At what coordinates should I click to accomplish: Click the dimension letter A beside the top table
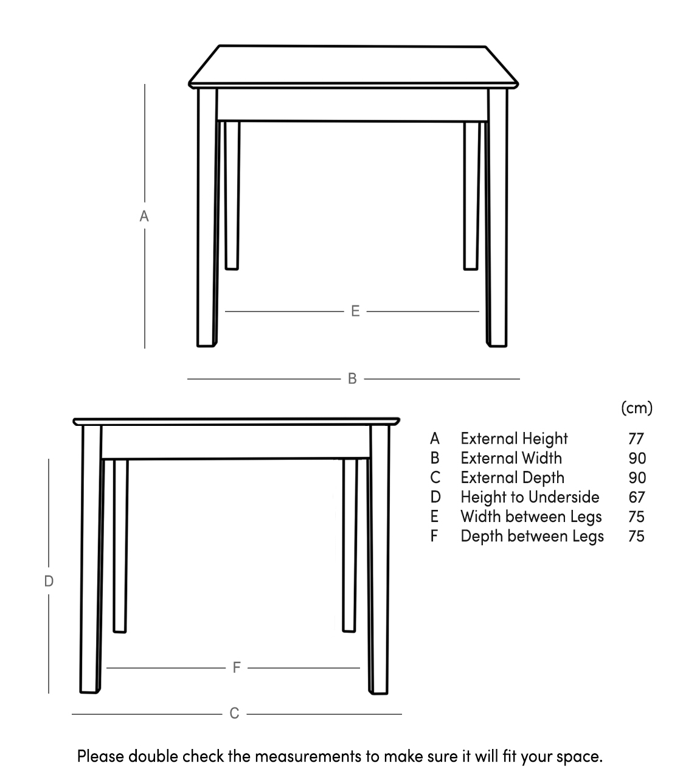144,216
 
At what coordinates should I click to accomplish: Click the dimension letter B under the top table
352,378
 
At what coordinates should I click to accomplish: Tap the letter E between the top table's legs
356,312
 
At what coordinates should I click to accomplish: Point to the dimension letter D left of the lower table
49,581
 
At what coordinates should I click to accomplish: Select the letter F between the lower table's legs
237,668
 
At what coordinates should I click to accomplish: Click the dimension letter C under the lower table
235,714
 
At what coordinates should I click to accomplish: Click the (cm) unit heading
636,408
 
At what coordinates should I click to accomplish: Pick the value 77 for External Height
636,439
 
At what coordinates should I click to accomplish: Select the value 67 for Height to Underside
636,497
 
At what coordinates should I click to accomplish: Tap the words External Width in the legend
511,458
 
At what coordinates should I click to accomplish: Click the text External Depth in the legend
512,478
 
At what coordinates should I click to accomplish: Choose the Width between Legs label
531,517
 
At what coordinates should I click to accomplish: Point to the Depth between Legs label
532,536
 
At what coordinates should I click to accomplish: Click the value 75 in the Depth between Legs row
636,536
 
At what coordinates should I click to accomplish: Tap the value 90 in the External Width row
637,458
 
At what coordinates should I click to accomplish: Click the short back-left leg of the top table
232,195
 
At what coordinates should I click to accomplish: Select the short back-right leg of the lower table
349,545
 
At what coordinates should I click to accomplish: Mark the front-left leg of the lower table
91,560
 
